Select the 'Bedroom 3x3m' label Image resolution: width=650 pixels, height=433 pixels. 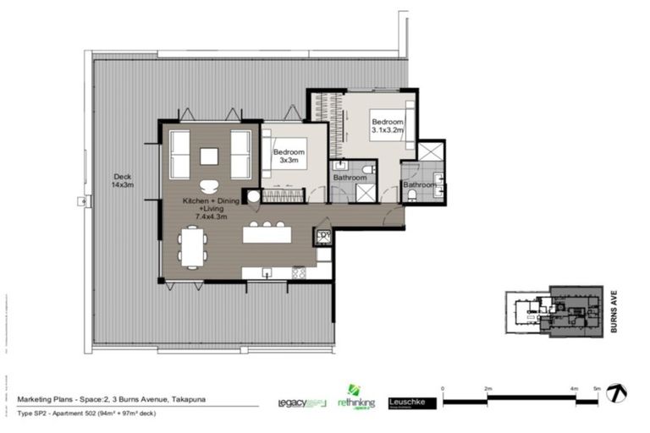click(x=288, y=156)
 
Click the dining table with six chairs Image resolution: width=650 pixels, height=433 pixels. click(x=191, y=249)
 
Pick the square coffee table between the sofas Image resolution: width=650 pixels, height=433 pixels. click(x=209, y=156)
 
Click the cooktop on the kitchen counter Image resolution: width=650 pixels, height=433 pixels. click(x=300, y=272)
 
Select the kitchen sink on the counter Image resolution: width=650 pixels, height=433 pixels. click(x=267, y=272)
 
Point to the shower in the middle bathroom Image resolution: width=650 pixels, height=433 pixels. click(x=366, y=191)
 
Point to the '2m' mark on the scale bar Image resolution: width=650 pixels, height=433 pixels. click(x=487, y=388)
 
